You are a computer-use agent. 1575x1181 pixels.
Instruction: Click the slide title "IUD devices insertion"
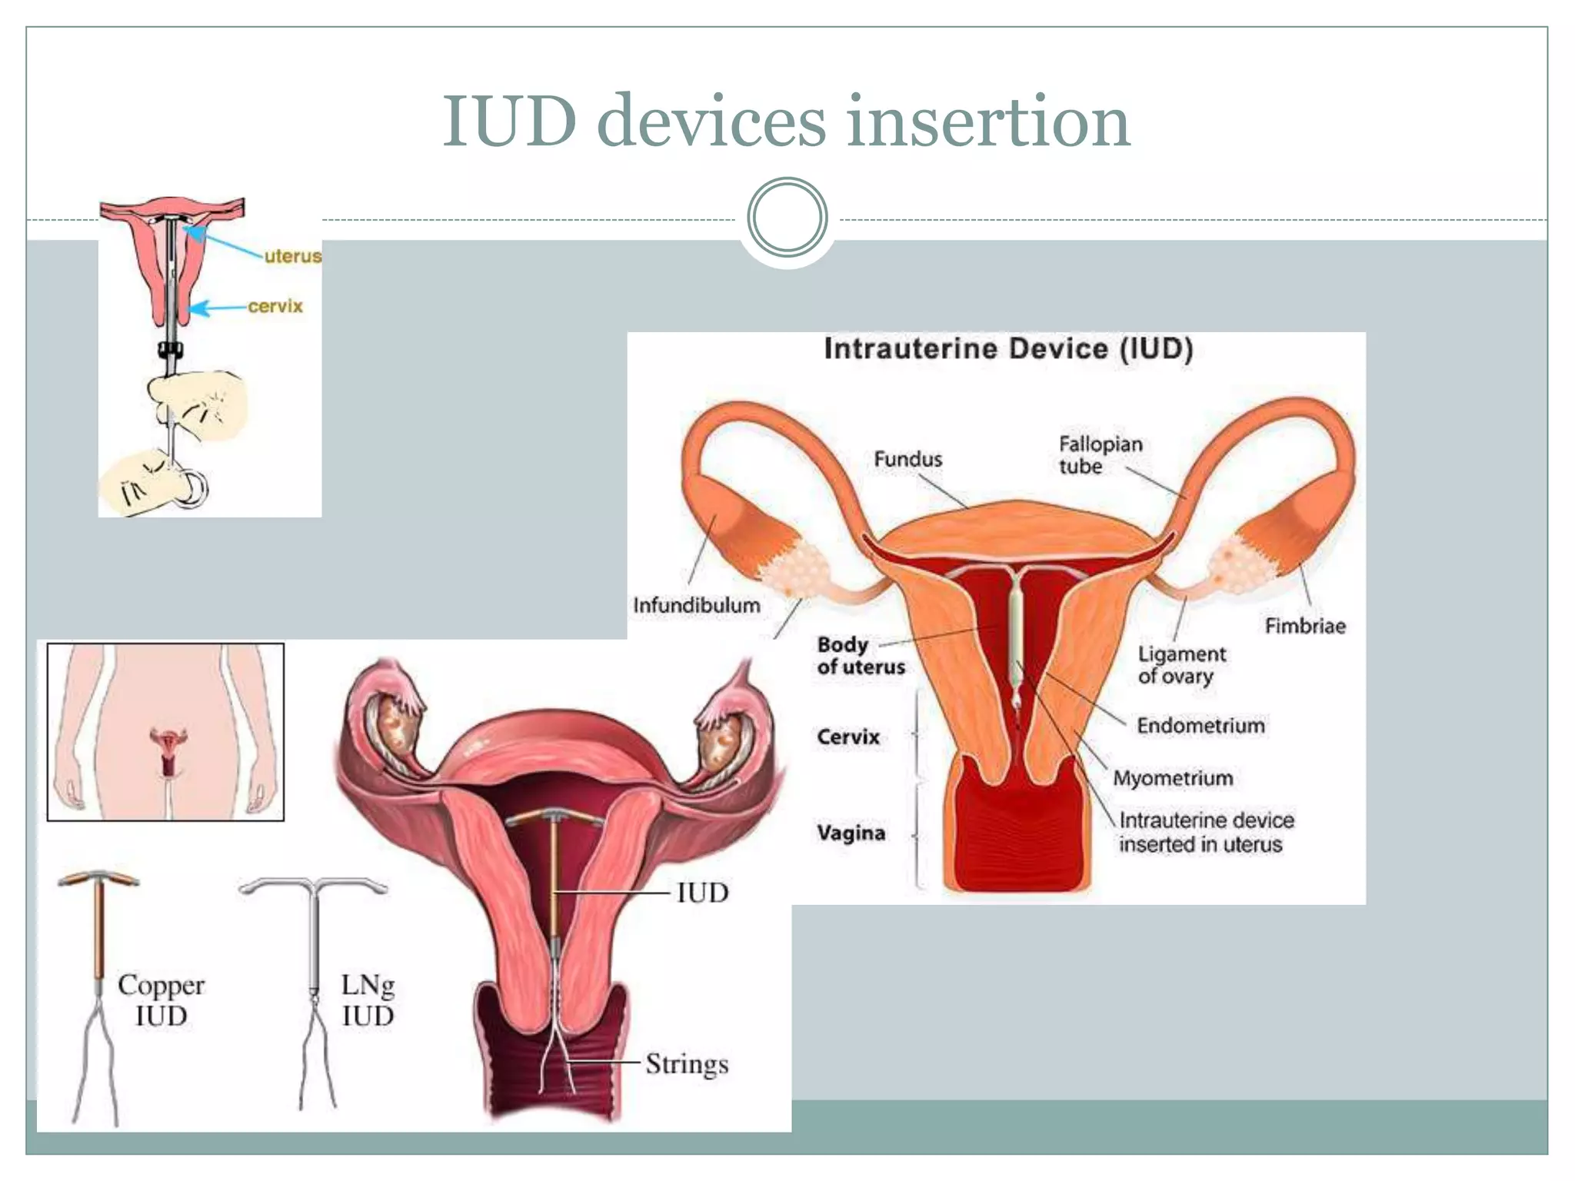coord(786,121)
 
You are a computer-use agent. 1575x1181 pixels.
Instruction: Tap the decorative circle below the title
coord(787,218)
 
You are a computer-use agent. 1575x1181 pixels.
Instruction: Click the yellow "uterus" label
coord(292,256)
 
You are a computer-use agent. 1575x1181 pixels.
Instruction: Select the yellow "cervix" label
coord(275,306)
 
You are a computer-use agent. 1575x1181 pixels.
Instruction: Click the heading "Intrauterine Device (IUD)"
coord(1008,349)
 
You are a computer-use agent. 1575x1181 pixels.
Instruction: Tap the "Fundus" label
coord(907,459)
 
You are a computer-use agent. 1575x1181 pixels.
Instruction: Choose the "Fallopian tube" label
coord(1100,455)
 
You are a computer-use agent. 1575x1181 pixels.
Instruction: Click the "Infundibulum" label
coord(696,605)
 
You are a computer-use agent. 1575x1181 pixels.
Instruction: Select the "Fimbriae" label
coord(1305,626)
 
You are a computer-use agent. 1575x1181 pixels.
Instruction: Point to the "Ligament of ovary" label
coord(1181,665)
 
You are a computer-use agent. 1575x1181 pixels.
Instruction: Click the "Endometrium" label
coord(1200,725)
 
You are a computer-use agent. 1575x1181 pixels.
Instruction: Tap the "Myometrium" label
coord(1173,778)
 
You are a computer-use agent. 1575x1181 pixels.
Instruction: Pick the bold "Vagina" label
coord(851,833)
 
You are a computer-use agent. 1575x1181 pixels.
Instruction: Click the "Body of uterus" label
coord(860,656)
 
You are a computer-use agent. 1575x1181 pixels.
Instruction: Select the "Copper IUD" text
coord(161,1000)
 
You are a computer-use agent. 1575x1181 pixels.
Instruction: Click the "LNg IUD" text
coord(368,1000)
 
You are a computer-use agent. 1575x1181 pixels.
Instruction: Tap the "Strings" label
coord(687,1064)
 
